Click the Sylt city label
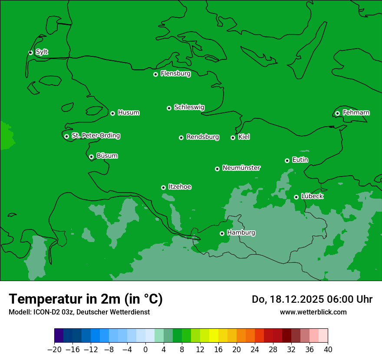pyautogui.click(x=42, y=52)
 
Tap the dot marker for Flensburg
pyautogui.click(x=155, y=74)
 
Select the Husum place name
pyautogui.click(x=128, y=113)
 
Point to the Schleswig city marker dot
pyautogui.click(x=169, y=108)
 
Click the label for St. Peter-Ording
pyautogui.click(x=95, y=135)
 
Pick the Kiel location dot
pyautogui.click(x=233, y=137)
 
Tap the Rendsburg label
pyautogui.click(x=203, y=137)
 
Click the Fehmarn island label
pyautogui.click(x=356, y=113)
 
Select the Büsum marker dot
pyautogui.click(x=91, y=157)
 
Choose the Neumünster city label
pyautogui.click(x=241, y=168)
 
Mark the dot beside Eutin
pyautogui.click(x=287, y=160)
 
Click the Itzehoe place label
pyautogui.click(x=180, y=187)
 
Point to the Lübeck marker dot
pyautogui.click(x=296, y=197)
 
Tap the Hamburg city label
pyautogui.click(x=241, y=233)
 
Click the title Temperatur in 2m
pyautogui.click(x=86, y=299)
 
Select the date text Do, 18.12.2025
pyautogui.click(x=286, y=299)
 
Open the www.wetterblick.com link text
pyautogui.click(x=313, y=312)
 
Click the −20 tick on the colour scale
pyautogui.click(x=54, y=350)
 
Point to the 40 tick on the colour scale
pyautogui.click(x=328, y=350)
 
